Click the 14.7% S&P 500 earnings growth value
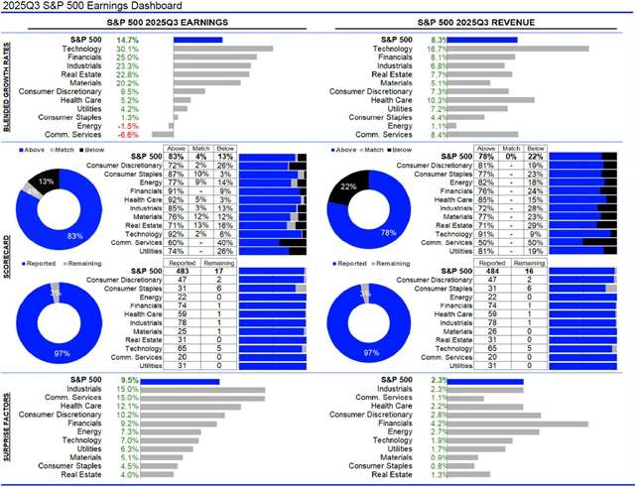pyautogui.click(x=127, y=39)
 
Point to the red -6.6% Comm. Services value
pyautogui.click(x=127, y=135)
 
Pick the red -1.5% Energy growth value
pyautogui.click(x=127, y=125)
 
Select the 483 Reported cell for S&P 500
pyautogui.click(x=183, y=272)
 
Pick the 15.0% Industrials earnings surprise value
pyautogui.click(x=127, y=390)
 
